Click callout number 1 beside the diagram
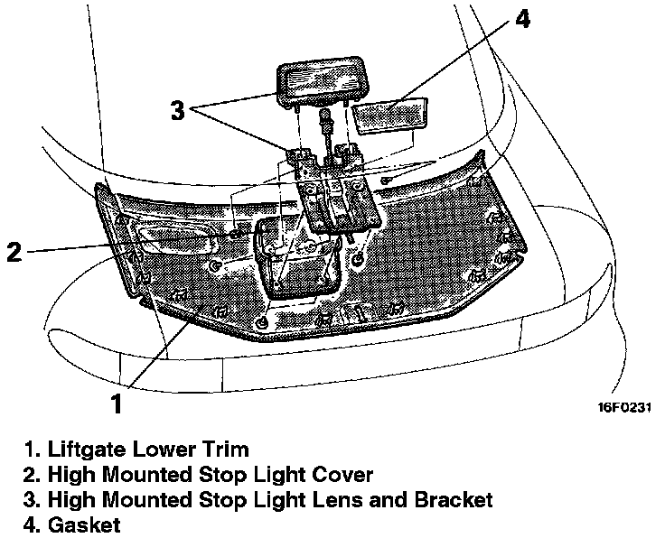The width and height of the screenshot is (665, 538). tap(117, 403)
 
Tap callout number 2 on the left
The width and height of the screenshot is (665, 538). tap(14, 252)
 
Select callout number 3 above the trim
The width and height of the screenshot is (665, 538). tap(178, 110)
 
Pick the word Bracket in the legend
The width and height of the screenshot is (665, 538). tap(453, 499)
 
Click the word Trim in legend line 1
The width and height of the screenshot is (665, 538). tap(225, 449)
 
